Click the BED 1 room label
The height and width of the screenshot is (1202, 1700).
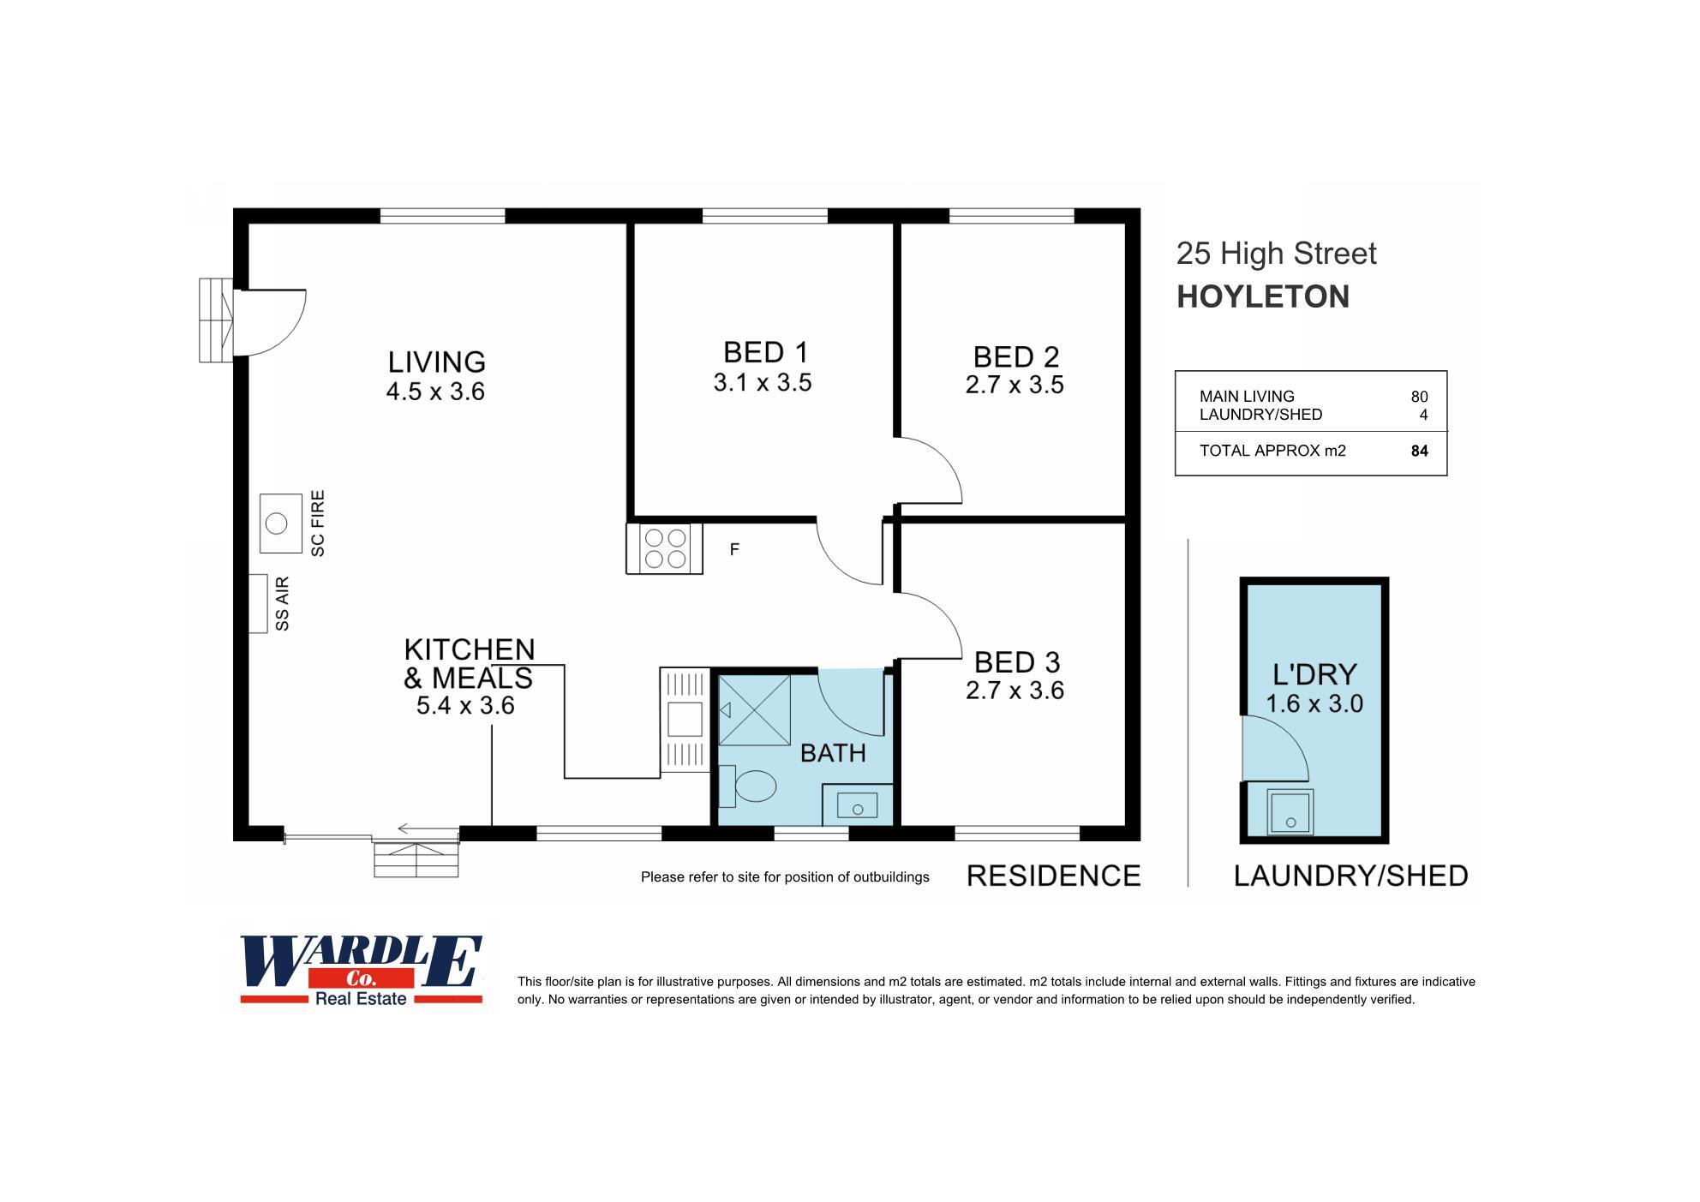(765, 353)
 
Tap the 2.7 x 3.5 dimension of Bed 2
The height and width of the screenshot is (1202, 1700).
(1015, 386)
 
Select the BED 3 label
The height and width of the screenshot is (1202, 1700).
(1017, 662)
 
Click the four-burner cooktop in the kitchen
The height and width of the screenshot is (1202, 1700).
(665, 549)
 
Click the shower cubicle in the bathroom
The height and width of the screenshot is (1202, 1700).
(754, 710)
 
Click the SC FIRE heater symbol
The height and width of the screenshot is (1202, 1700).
(280, 523)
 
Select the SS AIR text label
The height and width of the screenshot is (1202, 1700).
(282, 604)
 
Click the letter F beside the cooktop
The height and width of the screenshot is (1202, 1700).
(734, 550)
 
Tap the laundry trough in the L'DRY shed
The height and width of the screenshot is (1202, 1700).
(1290, 811)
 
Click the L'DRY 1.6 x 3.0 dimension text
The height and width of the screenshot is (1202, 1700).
(1314, 704)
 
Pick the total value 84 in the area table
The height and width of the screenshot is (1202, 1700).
(1419, 451)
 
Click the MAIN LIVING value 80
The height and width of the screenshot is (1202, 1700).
(1419, 397)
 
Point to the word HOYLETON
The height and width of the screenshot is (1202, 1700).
(1262, 297)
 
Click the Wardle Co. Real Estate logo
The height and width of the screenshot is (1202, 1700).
(361, 970)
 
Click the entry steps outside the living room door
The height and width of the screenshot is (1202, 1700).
(216, 320)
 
